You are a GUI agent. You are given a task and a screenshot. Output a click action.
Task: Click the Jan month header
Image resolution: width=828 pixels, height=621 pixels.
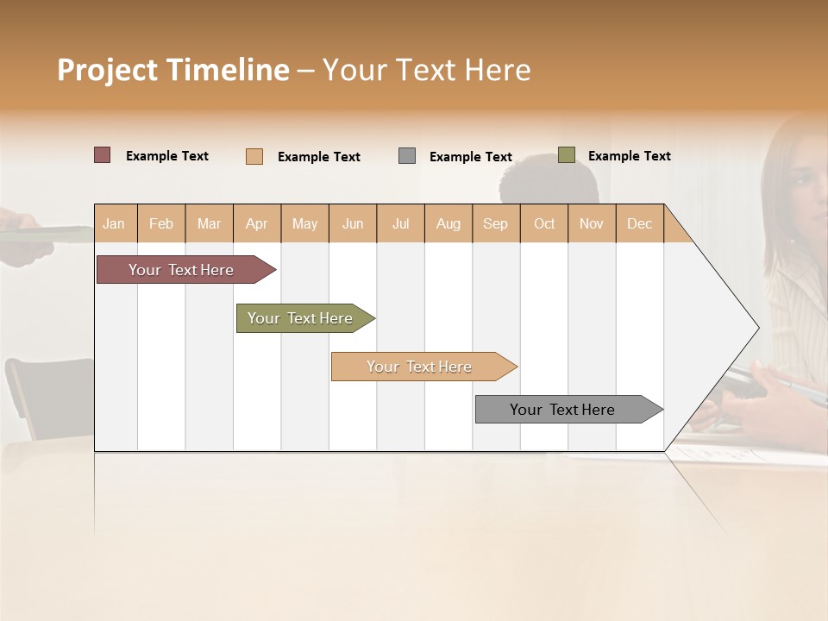tap(114, 223)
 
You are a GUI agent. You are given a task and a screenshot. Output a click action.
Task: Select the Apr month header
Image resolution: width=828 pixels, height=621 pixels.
tap(256, 223)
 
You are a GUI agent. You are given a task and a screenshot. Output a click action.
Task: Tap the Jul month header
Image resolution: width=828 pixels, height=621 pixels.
tap(400, 223)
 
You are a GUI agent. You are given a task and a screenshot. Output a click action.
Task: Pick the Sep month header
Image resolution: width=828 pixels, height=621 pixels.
tap(495, 223)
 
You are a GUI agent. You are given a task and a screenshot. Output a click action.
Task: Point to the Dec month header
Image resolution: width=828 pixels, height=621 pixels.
tap(639, 223)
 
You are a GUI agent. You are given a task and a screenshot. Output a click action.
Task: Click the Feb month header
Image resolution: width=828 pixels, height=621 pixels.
tap(161, 223)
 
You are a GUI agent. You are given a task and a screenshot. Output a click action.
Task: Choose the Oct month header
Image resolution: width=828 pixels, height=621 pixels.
tap(544, 223)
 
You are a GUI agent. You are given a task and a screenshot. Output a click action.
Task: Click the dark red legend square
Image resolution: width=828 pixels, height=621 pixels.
tap(102, 155)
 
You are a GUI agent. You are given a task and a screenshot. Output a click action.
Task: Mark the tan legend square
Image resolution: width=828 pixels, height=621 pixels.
tap(254, 156)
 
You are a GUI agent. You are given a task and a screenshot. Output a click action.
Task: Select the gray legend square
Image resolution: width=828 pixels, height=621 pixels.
tap(407, 156)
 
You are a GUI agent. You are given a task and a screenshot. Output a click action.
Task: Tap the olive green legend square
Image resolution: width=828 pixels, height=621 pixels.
tap(566, 155)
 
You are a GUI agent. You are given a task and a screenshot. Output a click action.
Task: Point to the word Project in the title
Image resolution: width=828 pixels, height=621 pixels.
tap(108, 70)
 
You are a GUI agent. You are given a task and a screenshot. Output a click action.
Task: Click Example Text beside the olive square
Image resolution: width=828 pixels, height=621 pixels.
tap(629, 156)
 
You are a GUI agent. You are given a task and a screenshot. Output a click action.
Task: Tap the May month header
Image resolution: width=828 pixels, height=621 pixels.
tap(304, 223)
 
